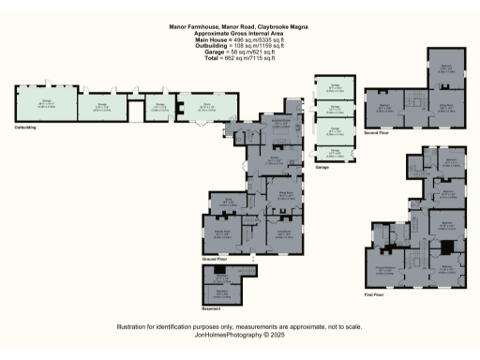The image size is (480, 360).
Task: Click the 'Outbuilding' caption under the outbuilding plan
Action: [x=25, y=126]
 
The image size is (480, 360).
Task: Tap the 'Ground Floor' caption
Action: [x=217, y=258]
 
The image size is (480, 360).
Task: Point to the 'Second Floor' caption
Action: [x=377, y=133]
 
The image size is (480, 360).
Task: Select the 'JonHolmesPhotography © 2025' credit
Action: [x=240, y=334]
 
